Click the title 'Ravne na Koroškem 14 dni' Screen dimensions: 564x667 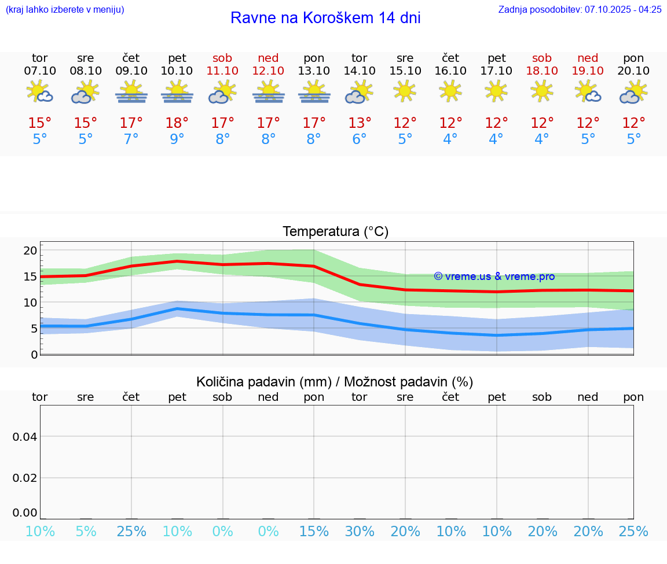[x=325, y=18]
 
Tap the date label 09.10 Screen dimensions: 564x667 [x=131, y=71]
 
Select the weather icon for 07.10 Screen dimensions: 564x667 [x=40, y=92]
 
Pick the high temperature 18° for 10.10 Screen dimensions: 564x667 [x=177, y=123]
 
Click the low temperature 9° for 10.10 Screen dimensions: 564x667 [x=177, y=139]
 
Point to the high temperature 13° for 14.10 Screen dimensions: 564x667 [x=360, y=123]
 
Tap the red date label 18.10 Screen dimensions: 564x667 [x=542, y=71]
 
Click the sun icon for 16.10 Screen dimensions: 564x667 [x=450, y=91]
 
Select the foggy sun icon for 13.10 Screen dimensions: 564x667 [x=314, y=92]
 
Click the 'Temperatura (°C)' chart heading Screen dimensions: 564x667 [x=335, y=231]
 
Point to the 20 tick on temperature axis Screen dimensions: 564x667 [x=30, y=250]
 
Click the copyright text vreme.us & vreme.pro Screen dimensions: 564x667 [x=494, y=277]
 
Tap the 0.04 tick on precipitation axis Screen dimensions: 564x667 [x=25, y=437]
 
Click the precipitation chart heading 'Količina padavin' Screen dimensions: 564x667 [x=335, y=382]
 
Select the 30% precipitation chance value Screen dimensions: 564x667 [x=360, y=531]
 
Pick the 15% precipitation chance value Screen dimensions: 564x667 [x=314, y=531]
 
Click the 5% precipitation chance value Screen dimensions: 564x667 [x=86, y=531]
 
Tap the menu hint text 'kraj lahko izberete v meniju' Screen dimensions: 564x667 [x=64, y=9]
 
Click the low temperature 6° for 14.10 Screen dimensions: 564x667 [x=360, y=139]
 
